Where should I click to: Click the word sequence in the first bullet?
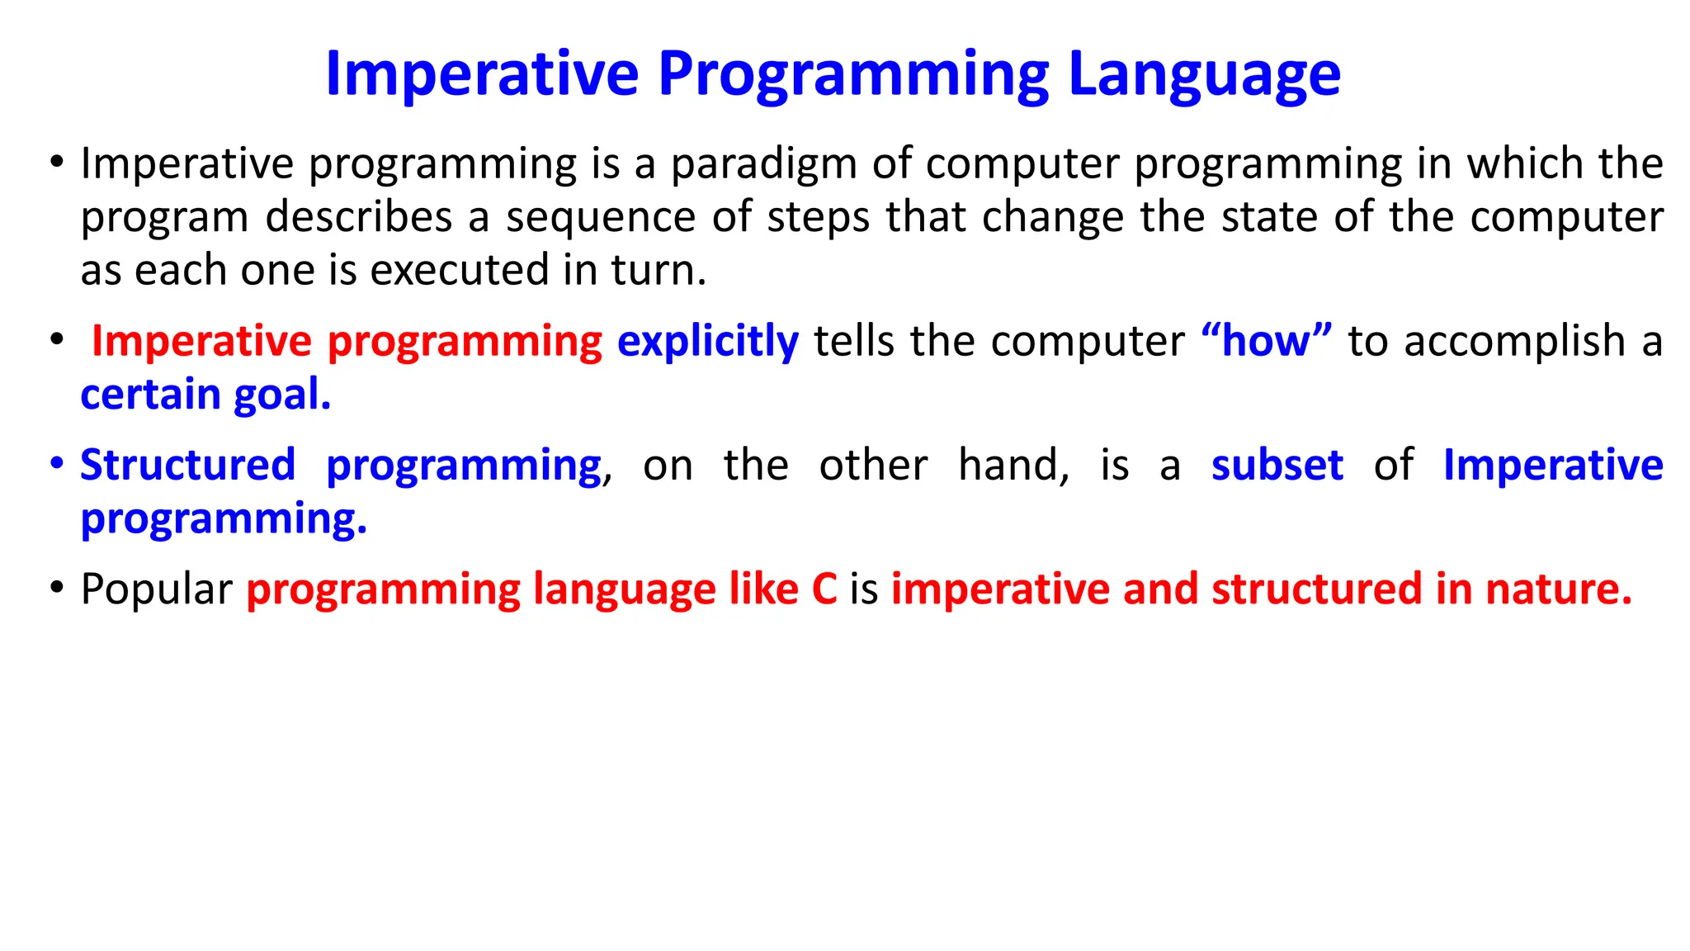point(601,218)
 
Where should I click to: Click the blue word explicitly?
point(707,342)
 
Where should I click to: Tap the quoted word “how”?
point(1267,342)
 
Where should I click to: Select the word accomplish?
point(1514,342)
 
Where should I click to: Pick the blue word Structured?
point(187,465)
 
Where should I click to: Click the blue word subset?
point(1277,465)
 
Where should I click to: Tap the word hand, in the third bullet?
point(1013,465)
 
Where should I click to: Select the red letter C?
point(824,589)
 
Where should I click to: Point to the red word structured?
point(1316,589)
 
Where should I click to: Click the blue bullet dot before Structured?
point(56,463)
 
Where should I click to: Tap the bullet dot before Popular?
point(56,588)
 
